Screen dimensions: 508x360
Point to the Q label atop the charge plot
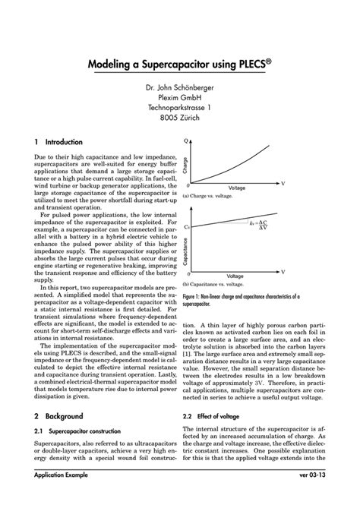point(187,140)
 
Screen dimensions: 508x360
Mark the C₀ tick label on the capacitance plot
point(187,226)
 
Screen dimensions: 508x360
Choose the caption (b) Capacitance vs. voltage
point(217,283)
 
